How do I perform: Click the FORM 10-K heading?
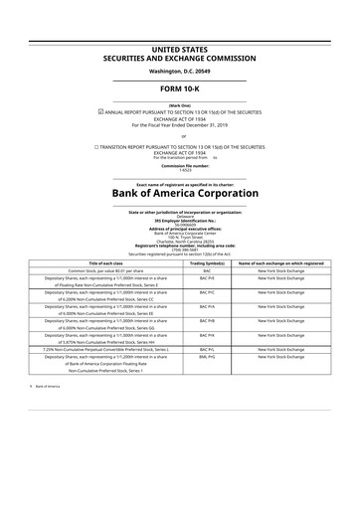pyautogui.click(x=180, y=89)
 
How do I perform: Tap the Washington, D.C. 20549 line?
pyautogui.click(x=180, y=73)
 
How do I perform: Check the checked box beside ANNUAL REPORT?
pyautogui.click(x=114, y=111)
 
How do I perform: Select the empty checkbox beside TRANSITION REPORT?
pyautogui.click(x=97, y=146)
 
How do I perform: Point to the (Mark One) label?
pyautogui.click(x=180, y=104)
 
